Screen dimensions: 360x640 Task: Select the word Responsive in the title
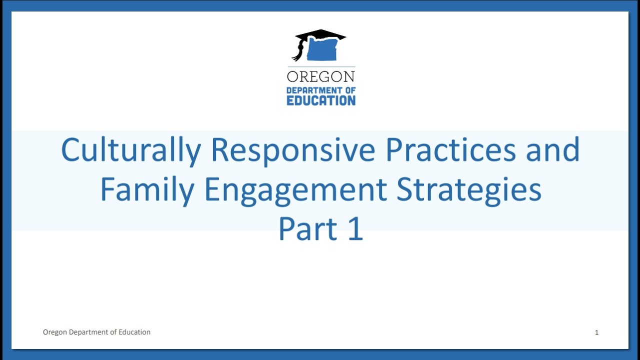point(292,150)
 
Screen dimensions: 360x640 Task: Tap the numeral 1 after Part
point(354,229)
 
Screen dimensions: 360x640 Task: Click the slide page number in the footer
point(596,332)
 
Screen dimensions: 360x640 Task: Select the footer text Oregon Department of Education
point(96,332)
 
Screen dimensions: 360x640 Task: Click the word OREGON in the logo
point(321,76)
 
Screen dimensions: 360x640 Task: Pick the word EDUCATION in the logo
point(321,100)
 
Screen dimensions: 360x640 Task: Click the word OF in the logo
point(350,90)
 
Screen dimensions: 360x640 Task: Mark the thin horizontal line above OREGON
point(321,66)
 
